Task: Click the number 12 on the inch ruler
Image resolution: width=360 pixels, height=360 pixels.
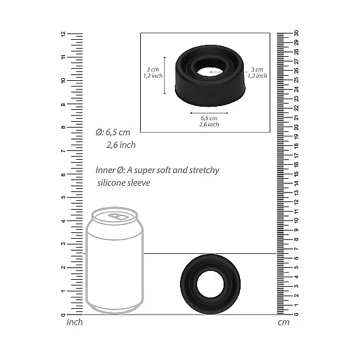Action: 63,33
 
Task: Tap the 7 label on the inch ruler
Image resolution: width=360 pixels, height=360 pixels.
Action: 63,151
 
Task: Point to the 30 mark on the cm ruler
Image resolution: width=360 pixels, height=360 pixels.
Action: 296,33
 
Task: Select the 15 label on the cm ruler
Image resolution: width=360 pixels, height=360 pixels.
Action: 296,174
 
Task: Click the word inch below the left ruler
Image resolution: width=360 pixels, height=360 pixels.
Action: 75,322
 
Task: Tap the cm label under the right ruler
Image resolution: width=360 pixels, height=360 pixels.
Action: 284,322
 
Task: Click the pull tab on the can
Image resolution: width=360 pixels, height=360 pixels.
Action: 118,216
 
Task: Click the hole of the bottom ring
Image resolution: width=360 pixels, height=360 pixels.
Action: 210,285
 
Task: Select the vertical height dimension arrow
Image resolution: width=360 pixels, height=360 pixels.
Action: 165,75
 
